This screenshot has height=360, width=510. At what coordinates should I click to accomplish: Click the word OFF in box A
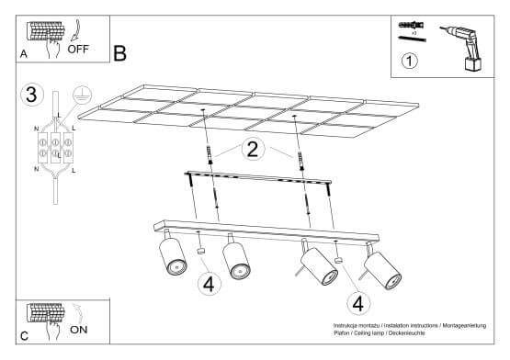79,51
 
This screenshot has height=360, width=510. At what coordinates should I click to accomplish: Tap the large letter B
119,53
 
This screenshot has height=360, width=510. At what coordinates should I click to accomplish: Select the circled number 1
411,63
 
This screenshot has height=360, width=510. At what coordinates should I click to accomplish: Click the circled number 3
31,94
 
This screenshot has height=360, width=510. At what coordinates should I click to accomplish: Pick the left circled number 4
209,284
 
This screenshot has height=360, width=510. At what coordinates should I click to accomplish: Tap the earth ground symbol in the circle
79,93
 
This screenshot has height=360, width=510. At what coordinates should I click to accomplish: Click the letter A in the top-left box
23,55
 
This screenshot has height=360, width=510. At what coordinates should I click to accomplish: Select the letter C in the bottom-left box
24,336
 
